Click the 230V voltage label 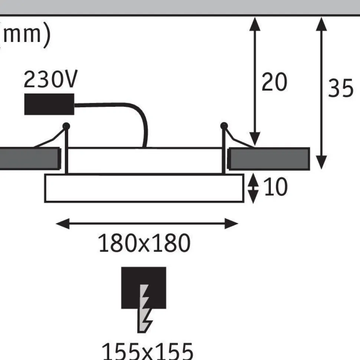click(x=50, y=79)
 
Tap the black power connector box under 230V click(x=49, y=104)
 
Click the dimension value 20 click(x=274, y=82)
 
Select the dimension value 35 click(x=340, y=88)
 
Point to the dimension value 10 click(x=275, y=187)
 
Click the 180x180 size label click(x=144, y=243)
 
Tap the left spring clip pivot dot click(x=66, y=126)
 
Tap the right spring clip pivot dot click(x=224, y=126)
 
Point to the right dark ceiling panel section click(x=269, y=159)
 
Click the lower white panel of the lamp click(x=144, y=188)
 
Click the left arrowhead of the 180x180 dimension click(x=63, y=224)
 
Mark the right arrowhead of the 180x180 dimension click(x=231, y=224)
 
